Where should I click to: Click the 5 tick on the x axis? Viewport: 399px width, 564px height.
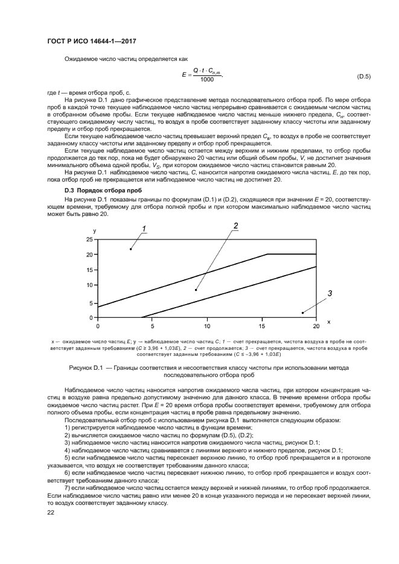coord(152,326)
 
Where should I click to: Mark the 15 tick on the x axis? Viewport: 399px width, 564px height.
coord(261,326)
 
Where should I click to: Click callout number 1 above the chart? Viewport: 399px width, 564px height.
coord(145,228)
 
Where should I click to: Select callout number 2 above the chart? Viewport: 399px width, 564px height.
coord(236,226)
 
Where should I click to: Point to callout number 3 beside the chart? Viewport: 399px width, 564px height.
coord(330,294)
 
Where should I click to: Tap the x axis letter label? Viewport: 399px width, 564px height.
coord(328,322)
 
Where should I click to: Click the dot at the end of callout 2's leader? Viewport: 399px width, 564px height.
coord(196,290)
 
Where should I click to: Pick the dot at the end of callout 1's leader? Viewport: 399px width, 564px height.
coord(130,249)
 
